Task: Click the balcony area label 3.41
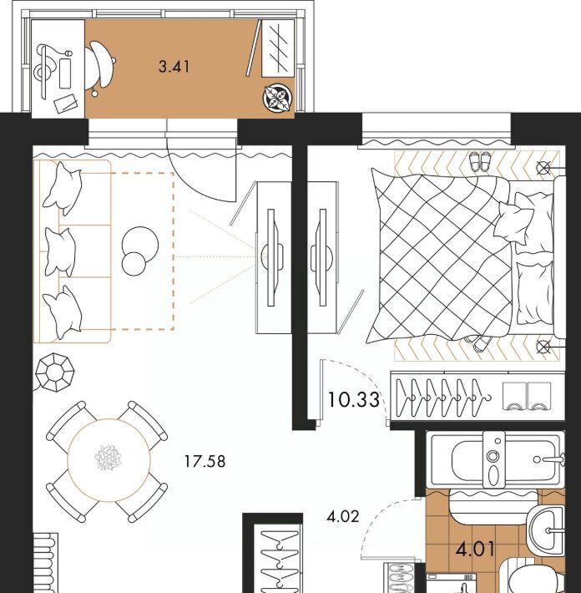click(x=174, y=67)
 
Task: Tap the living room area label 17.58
click(x=205, y=461)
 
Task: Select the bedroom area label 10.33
click(x=353, y=400)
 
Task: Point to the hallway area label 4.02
click(x=343, y=516)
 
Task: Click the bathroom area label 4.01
click(x=475, y=549)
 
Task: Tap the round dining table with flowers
click(x=109, y=460)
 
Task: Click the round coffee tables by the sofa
click(x=139, y=251)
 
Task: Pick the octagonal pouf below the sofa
click(x=55, y=373)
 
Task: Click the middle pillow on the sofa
click(x=60, y=251)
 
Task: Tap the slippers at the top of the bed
click(x=480, y=161)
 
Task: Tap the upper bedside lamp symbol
click(x=543, y=167)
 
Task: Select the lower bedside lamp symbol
click(x=543, y=346)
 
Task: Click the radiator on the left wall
click(x=45, y=563)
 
